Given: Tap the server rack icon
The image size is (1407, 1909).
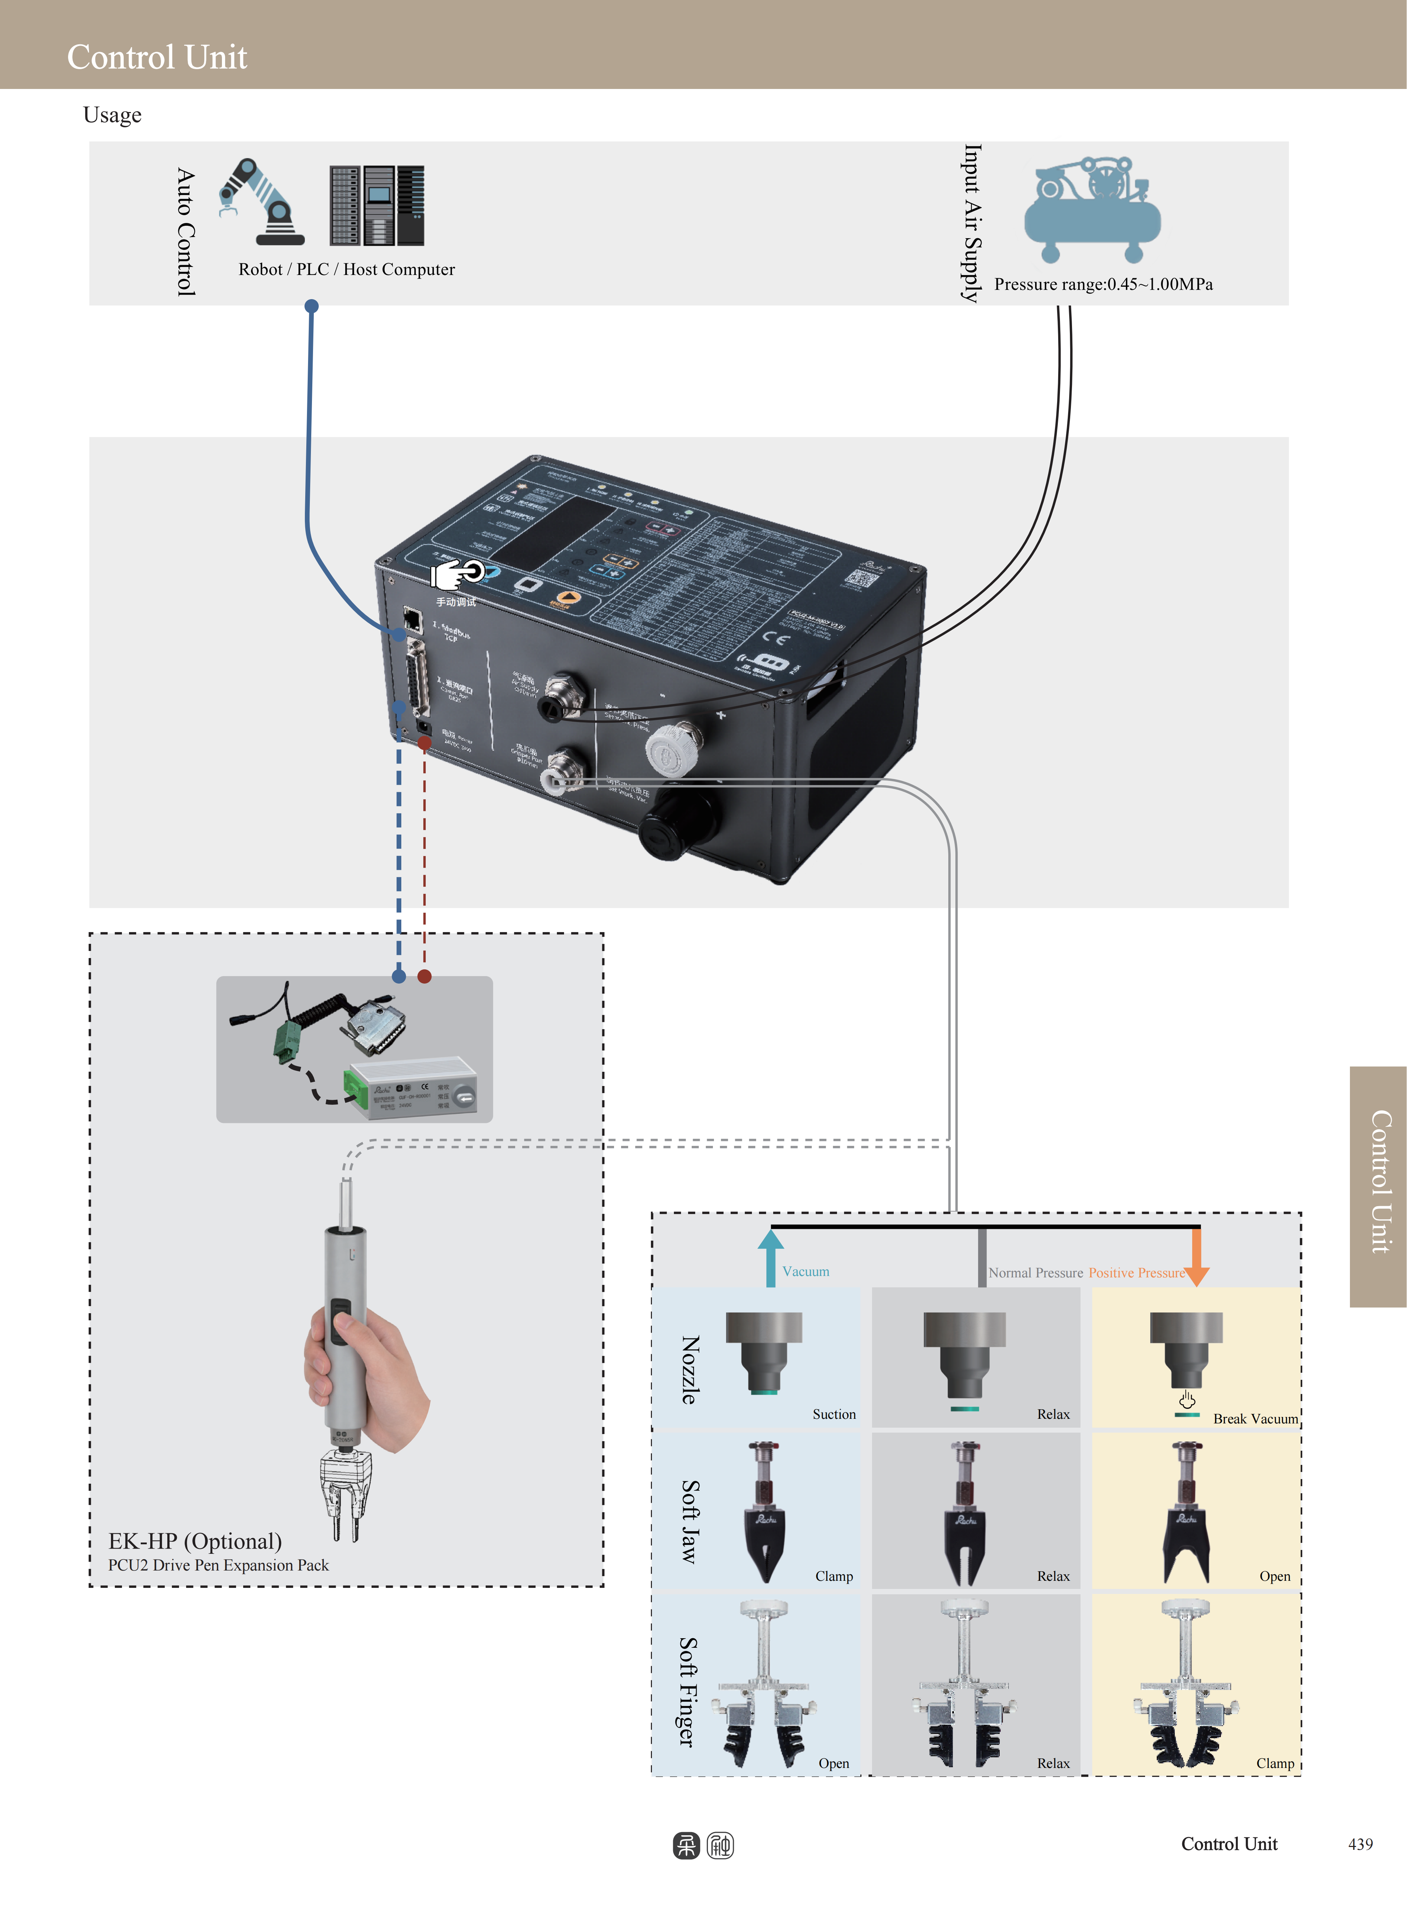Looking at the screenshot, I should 376,205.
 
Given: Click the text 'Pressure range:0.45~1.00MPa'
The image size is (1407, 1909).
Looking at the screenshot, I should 1103,284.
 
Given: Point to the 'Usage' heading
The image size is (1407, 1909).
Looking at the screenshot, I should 112,115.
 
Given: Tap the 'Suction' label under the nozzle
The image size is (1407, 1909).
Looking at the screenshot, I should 834,1414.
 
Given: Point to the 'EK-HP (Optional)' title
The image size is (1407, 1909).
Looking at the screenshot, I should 195,1541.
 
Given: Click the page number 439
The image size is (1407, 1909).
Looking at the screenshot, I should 1360,1844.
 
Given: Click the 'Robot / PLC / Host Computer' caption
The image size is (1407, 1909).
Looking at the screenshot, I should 347,270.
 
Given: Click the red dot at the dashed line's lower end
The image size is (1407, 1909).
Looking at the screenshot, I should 424,976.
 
